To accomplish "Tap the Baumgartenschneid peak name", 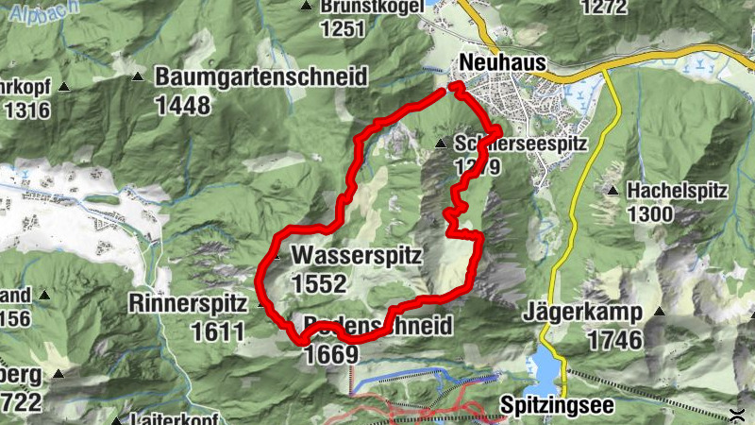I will pyautogui.click(x=260, y=77).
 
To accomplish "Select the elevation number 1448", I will pyautogui.click(x=183, y=105).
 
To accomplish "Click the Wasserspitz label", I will pyautogui.click(x=356, y=256).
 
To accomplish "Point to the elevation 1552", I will pyautogui.click(x=320, y=283).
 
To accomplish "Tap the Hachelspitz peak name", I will pyautogui.click(x=678, y=191).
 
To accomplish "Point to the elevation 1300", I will pyautogui.click(x=648, y=214).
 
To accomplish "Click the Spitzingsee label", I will pyautogui.click(x=556, y=404).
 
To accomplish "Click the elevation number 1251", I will pyautogui.click(x=342, y=28).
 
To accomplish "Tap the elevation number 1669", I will pyautogui.click(x=330, y=354).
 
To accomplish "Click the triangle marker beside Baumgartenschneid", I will pyautogui.click(x=138, y=76).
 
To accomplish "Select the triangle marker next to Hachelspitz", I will pyautogui.click(x=612, y=191).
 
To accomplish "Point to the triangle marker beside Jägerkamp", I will pyautogui.click(x=659, y=312).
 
